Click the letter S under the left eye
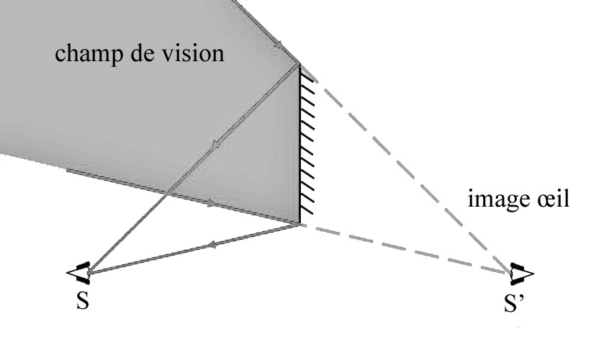click(83, 301)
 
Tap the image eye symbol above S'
click(520, 272)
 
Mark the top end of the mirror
click(299, 64)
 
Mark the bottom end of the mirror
click(299, 225)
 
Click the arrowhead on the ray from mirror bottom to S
click(212, 246)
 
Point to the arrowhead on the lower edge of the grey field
click(211, 204)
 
